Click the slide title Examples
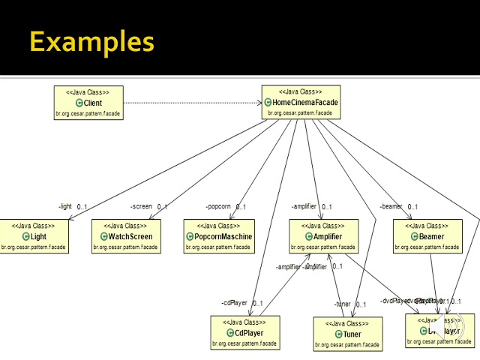tap(91, 41)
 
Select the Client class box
tap(88, 103)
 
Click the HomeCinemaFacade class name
tap(305, 102)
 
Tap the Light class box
tap(34, 235)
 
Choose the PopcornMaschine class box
tap(219, 235)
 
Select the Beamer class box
tap(427, 235)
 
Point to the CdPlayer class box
tap(245, 333)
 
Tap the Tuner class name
tap(352, 334)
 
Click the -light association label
tap(65, 206)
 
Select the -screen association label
tap(141, 206)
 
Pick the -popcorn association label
tap(218, 206)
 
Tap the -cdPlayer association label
tap(234, 303)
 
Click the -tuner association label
tap(342, 304)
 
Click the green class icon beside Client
tap(79, 103)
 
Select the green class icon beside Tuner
tap(339, 334)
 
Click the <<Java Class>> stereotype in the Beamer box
tap(427, 226)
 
